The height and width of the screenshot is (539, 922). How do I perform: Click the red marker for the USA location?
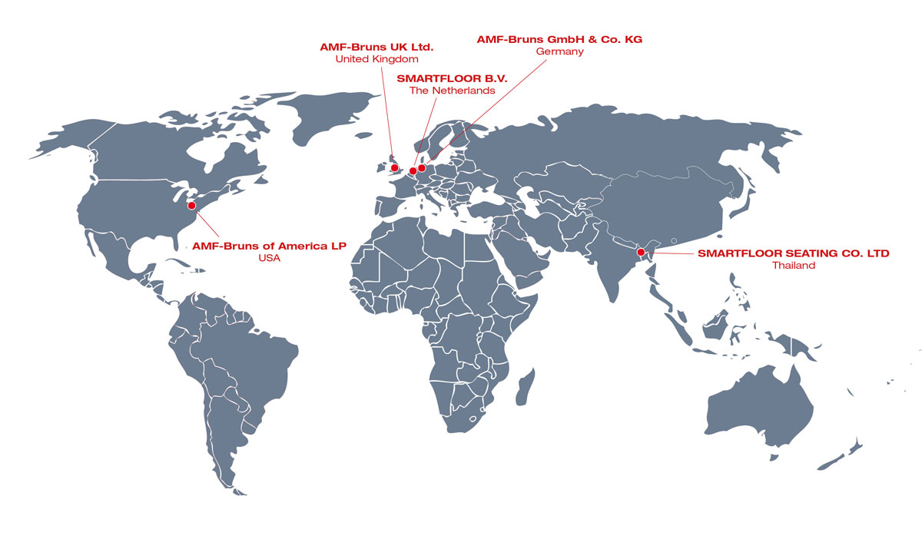pos(191,205)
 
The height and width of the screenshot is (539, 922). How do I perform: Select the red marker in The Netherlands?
pos(413,171)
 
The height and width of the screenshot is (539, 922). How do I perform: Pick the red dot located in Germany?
pos(422,168)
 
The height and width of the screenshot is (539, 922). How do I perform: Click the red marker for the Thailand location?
pos(641,252)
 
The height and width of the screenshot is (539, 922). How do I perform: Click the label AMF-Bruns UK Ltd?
pos(376,47)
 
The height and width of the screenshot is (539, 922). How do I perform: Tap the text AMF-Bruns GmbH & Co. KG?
pos(559,38)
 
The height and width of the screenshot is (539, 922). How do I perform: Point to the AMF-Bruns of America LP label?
pos(269,246)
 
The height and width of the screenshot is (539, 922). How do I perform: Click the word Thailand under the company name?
pos(793,266)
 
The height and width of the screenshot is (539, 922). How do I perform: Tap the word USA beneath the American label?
pos(269,259)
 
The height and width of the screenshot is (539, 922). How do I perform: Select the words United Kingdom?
pos(376,59)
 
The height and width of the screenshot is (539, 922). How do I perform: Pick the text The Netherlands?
pos(452,91)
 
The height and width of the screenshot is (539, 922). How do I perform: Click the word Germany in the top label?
pos(559,51)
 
